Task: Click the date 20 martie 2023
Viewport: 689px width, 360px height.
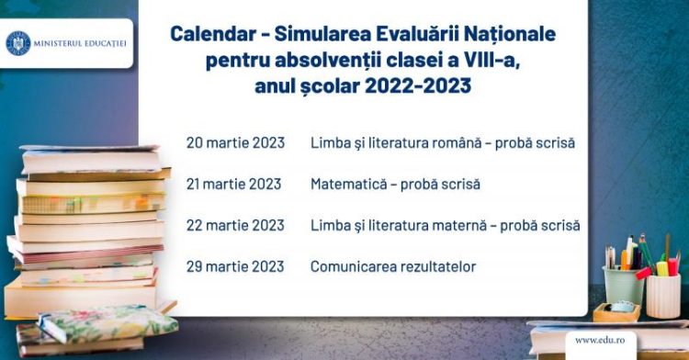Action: [235, 143]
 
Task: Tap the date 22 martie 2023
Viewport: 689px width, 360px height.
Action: [235, 225]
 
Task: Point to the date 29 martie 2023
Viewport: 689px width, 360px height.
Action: [235, 266]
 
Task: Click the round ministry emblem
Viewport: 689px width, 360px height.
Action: [18, 43]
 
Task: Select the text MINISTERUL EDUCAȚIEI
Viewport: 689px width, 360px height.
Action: [81, 43]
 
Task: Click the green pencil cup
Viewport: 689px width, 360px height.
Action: [622, 286]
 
